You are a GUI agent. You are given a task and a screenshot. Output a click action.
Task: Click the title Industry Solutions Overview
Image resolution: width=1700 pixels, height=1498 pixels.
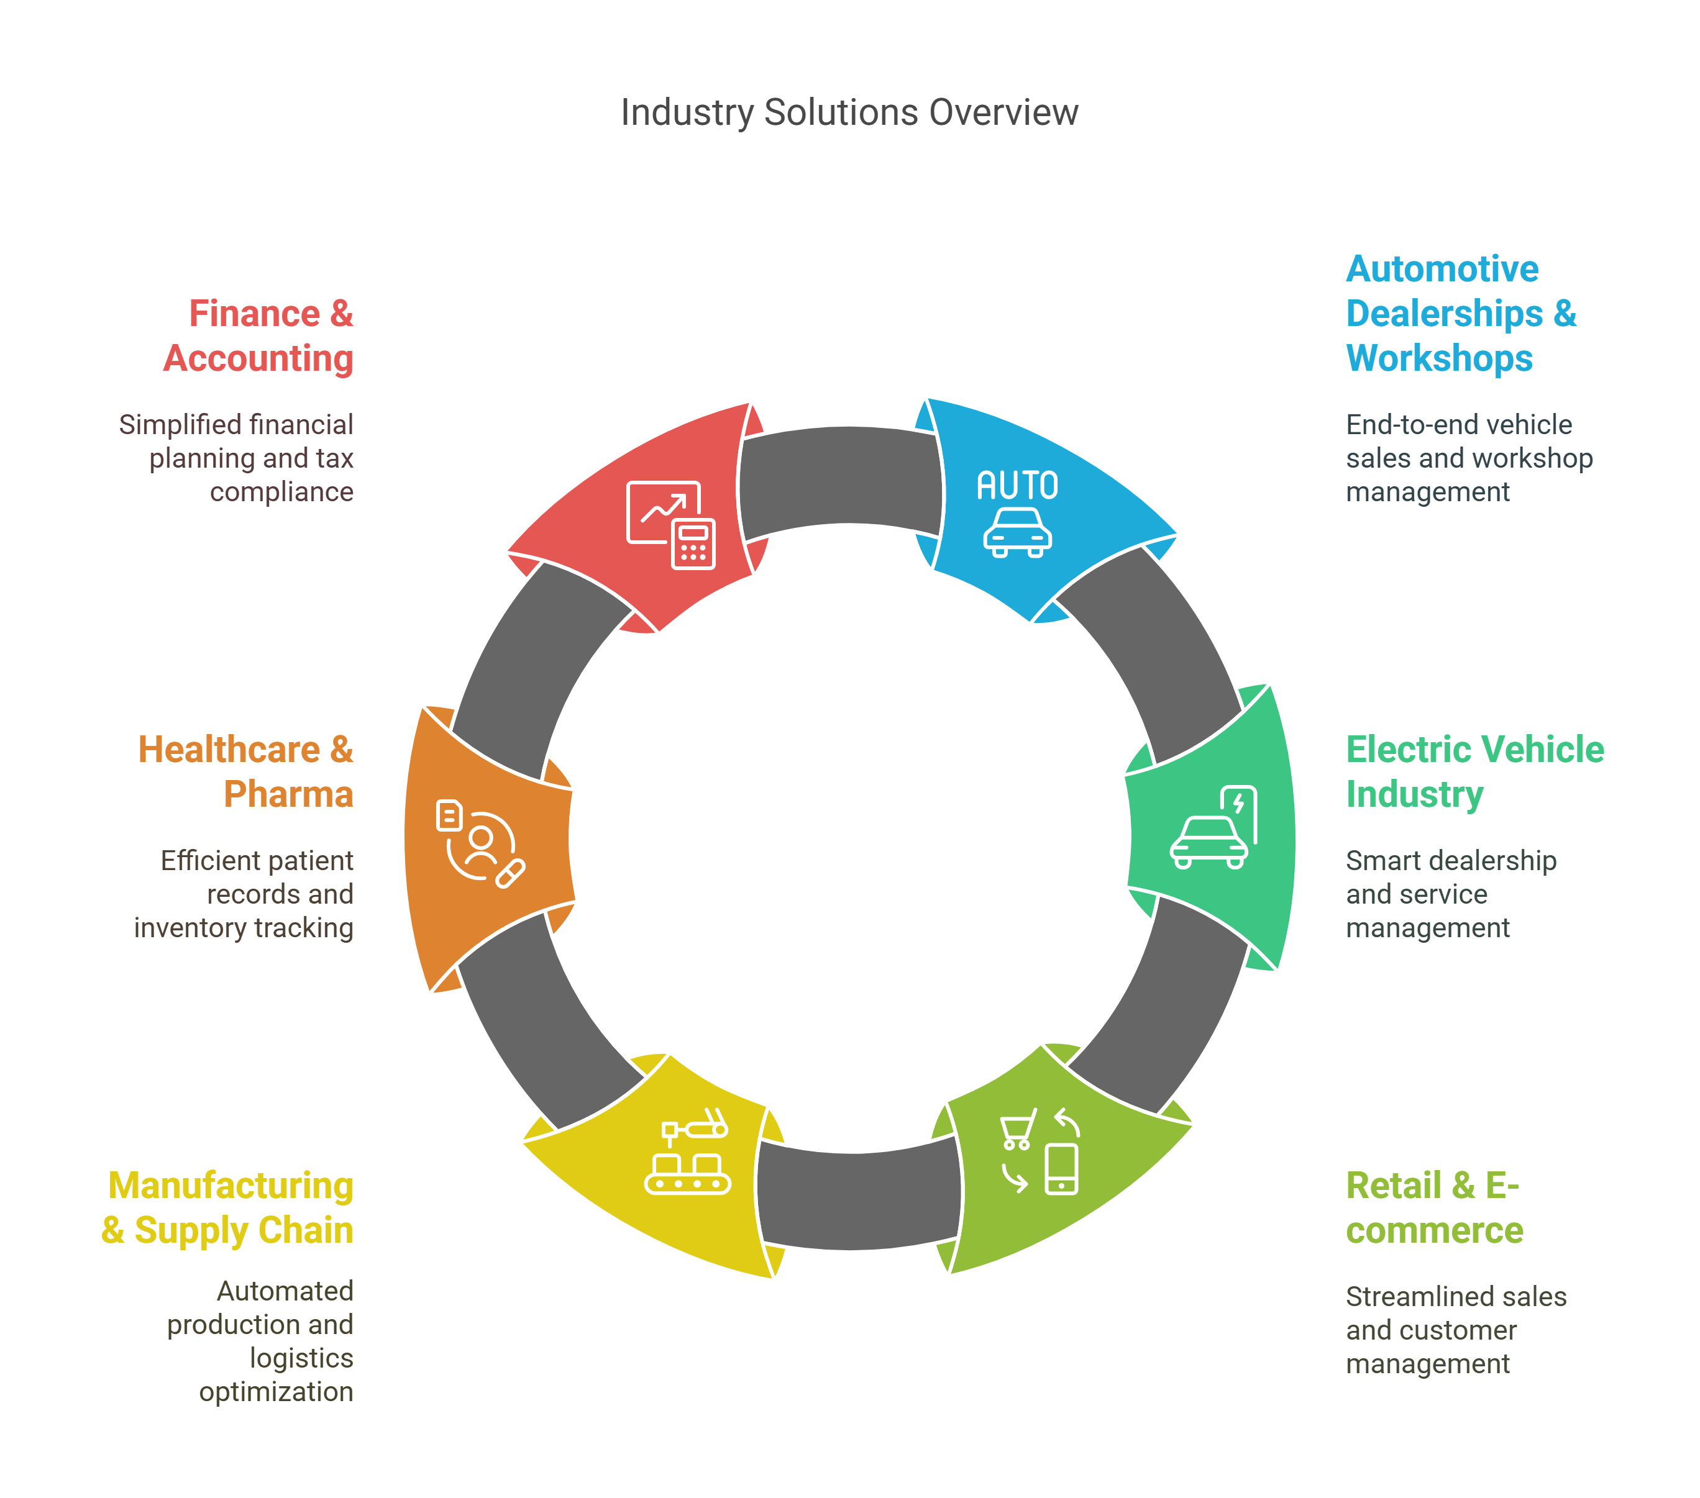(849, 112)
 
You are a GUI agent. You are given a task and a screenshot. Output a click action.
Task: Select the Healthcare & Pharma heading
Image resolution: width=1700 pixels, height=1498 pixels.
(246, 771)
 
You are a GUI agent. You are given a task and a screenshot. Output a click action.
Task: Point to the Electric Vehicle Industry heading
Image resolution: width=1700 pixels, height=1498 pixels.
(1474, 771)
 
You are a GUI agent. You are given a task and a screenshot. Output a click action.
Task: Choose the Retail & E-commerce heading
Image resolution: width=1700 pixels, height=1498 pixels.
(1434, 1207)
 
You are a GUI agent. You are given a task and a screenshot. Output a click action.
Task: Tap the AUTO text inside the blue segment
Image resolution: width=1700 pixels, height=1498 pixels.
(1017, 486)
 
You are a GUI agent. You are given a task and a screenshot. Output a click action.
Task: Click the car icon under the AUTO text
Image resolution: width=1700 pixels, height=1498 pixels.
(1017, 533)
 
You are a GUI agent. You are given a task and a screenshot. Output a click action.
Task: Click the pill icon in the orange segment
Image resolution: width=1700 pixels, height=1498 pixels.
(510, 874)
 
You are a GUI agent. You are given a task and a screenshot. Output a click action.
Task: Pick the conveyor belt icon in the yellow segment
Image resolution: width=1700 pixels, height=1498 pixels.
(688, 1173)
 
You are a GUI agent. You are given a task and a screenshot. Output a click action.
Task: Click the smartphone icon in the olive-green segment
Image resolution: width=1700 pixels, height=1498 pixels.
(1061, 1169)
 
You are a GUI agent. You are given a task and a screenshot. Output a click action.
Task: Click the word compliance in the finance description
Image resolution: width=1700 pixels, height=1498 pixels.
(281, 492)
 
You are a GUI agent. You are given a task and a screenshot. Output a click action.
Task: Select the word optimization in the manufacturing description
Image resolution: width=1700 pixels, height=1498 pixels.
(276, 1392)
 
